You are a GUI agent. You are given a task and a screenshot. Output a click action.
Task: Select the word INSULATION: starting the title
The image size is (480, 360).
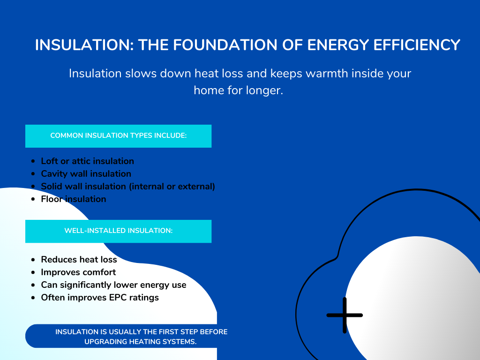click(x=83, y=45)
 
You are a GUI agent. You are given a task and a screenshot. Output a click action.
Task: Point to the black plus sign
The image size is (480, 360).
click(x=345, y=315)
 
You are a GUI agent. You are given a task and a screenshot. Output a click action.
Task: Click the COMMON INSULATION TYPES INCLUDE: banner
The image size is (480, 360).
click(x=118, y=136)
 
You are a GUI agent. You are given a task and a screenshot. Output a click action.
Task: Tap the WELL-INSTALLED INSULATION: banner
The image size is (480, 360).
click(x=118, y=231)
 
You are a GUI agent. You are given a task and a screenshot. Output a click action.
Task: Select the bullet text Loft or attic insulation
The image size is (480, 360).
click(x=87, y=161)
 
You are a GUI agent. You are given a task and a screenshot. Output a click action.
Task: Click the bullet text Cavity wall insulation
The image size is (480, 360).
click(x=86, y=173)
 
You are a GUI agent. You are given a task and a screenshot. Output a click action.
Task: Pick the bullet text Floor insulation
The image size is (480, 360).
click(x=74, y=199)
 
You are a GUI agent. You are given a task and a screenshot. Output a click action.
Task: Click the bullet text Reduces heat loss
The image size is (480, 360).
click(x=79, y=259)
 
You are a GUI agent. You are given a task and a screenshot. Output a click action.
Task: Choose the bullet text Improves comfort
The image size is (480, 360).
click(x=78, y=272)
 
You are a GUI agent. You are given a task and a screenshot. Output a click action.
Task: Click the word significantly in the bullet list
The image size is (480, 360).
click(x=85, y=285)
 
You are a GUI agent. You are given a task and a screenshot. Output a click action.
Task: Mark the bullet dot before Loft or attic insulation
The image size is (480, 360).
click(x=33, y=161)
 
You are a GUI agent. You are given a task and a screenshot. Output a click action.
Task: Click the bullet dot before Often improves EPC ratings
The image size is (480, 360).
click(x=33, y=298)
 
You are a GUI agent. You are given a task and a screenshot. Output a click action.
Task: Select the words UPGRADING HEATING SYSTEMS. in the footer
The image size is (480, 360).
click(x=140, y=342)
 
